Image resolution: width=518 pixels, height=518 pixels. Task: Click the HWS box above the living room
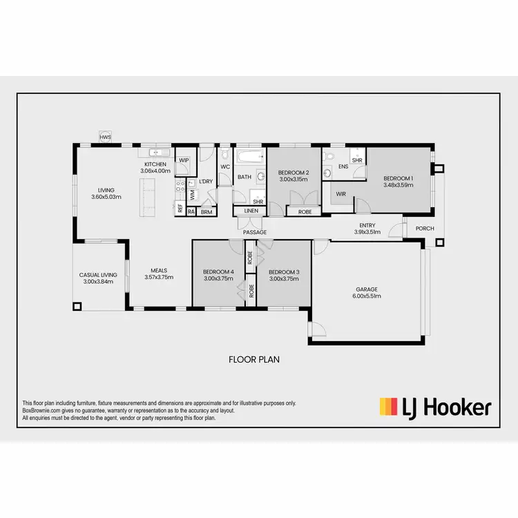105,137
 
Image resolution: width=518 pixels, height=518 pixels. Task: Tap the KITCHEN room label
155,164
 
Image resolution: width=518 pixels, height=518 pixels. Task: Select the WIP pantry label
183,160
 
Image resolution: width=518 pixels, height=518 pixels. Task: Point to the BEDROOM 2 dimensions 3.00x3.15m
293,180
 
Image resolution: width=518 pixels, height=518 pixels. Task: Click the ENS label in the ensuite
343,166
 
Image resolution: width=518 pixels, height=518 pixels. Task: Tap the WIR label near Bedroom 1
341,194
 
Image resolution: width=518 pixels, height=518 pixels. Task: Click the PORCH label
424,229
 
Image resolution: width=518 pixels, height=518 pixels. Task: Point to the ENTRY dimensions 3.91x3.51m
367,233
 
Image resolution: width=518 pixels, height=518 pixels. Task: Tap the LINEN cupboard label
250,210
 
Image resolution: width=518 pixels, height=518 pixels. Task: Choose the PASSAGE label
254,233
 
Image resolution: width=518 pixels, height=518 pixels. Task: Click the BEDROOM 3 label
284,271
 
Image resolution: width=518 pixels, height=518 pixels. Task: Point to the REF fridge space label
180,207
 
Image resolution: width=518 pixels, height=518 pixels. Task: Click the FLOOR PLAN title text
253,359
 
